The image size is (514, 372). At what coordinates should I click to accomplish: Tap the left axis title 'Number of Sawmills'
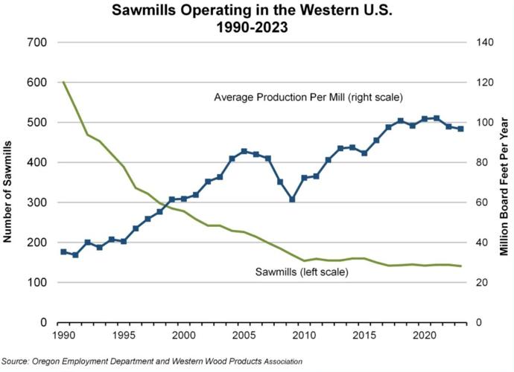point(8,183)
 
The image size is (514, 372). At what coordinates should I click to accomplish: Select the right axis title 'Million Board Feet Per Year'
point(504,183)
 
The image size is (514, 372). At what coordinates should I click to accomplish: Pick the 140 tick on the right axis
point(475,42)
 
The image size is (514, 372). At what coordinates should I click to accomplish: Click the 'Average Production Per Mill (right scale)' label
point(308,97)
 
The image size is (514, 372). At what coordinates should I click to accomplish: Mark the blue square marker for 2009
point(293,199)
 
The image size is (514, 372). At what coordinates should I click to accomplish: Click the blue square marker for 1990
point(63,252)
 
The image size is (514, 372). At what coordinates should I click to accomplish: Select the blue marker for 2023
point(461,129)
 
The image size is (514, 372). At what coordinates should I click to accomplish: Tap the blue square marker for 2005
point(244,151)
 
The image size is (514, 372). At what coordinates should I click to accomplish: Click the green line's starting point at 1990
point(63,83)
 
